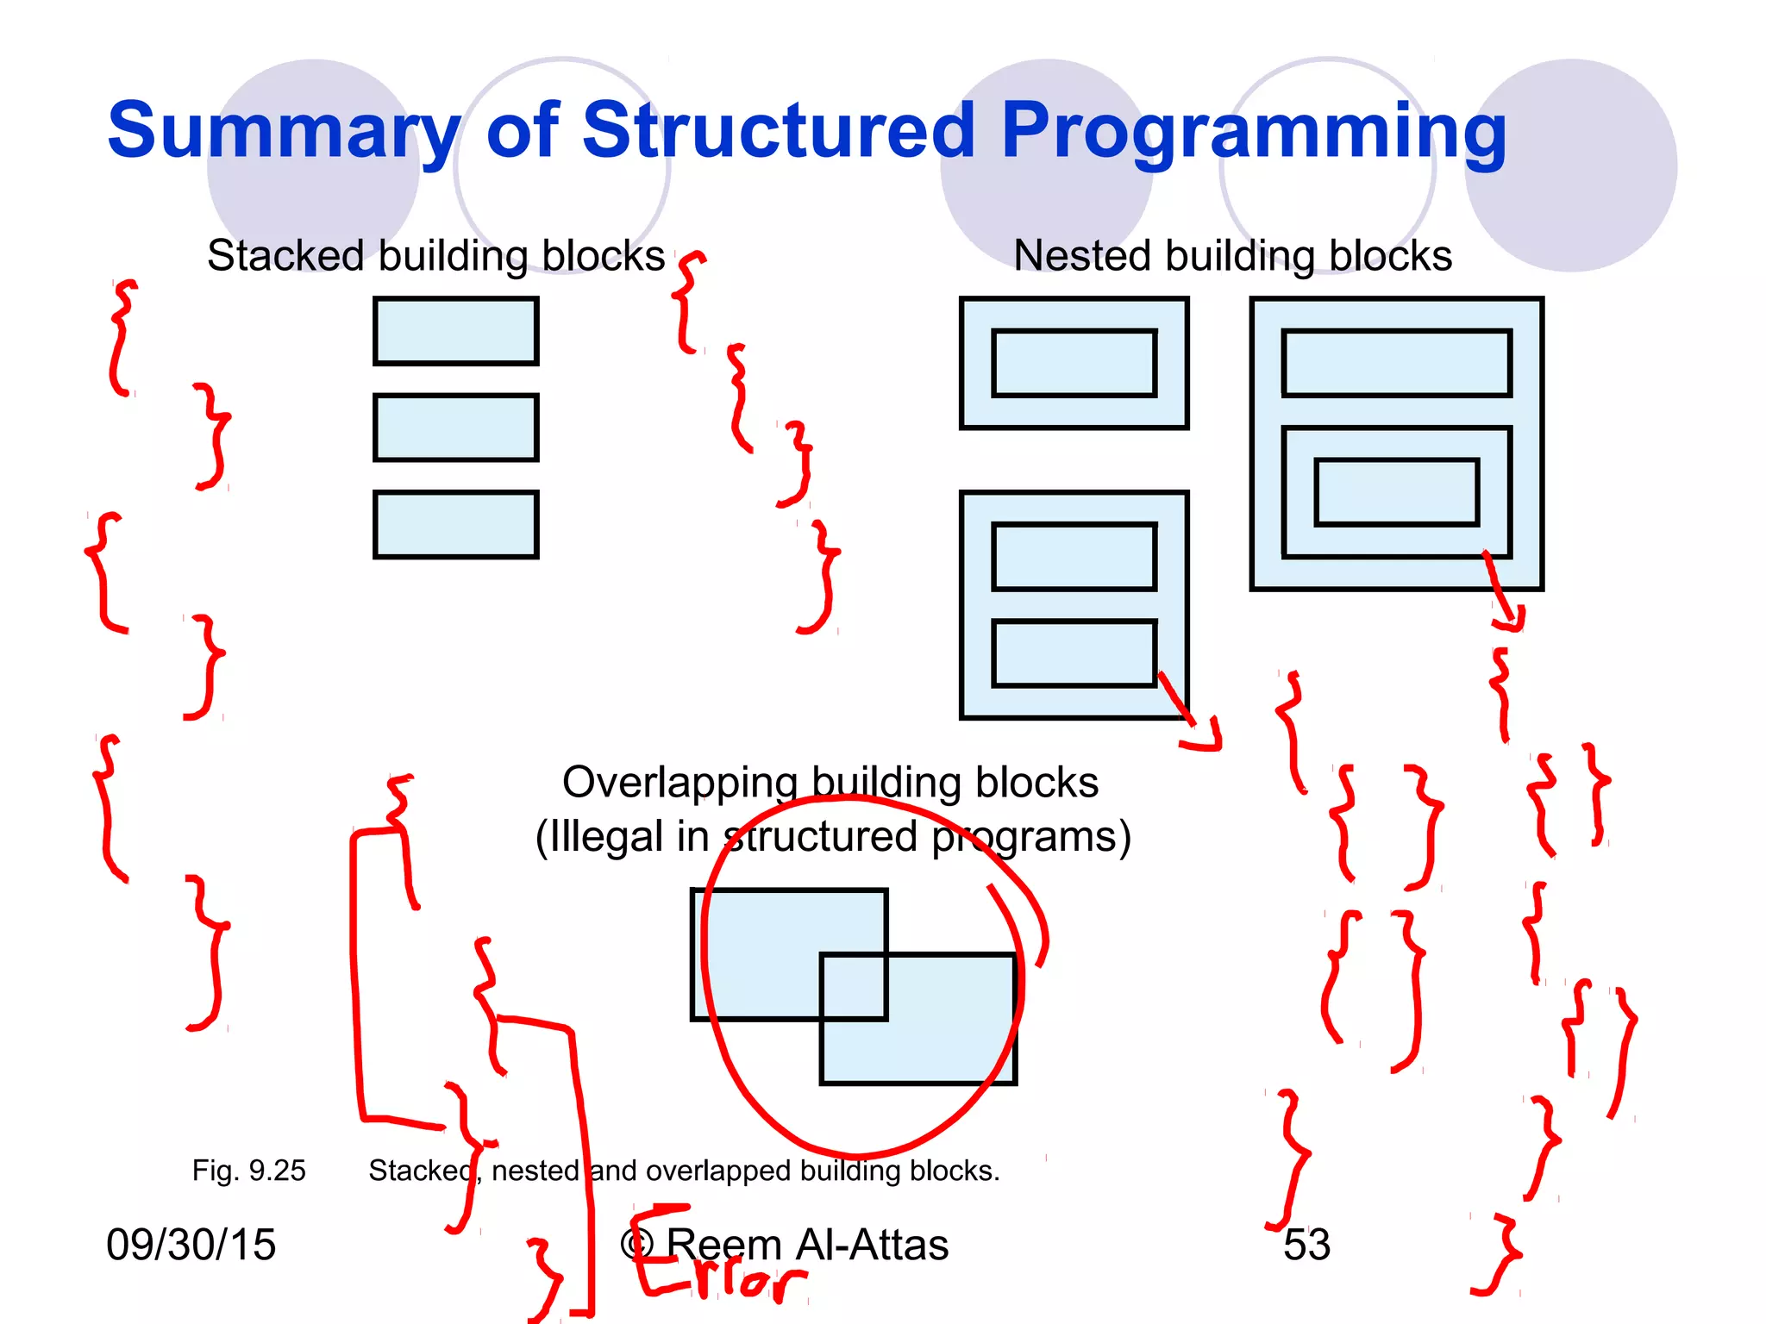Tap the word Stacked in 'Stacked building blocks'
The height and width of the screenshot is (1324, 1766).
[285, 256]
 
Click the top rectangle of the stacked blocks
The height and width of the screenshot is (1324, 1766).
[455, 331]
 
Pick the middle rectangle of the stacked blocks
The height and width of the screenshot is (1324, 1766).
[455, 428]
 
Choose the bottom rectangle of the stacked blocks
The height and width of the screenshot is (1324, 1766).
[455, 525]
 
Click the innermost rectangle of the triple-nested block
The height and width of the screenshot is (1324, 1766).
[1396, 492]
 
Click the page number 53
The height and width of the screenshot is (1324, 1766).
[1306, 1245]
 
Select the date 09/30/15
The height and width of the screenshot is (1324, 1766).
[191, 1245]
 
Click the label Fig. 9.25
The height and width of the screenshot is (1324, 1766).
[248, 1171]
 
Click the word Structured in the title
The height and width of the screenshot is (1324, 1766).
[779, 131]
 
